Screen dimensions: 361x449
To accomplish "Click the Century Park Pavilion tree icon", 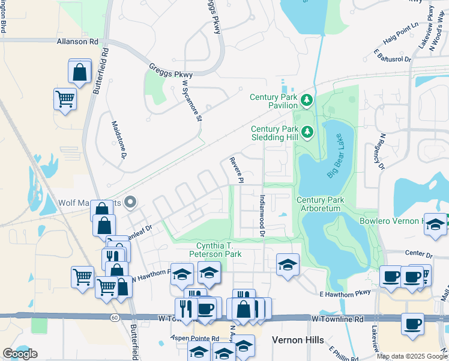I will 307,100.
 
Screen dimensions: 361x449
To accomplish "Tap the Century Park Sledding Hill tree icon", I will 307,131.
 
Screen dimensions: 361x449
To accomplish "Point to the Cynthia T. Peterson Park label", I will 219,250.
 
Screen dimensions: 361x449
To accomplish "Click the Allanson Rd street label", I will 77,42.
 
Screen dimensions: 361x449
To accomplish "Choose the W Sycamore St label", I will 191,100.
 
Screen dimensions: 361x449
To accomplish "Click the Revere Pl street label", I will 237,170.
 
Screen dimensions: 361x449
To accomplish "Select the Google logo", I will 20,354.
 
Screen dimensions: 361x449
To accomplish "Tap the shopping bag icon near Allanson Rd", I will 80,72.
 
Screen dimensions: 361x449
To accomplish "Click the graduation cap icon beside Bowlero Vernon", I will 436,224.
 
